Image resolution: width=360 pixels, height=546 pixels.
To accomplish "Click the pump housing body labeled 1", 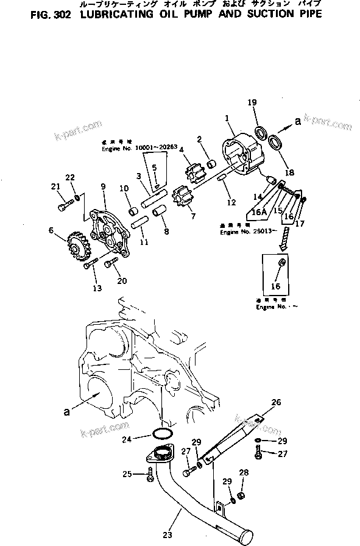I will coord(238,152).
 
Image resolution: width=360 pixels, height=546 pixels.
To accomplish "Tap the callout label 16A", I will coord(259,213).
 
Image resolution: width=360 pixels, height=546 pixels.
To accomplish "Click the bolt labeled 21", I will coord(64,207).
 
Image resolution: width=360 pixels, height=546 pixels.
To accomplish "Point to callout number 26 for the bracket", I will coord(276,403).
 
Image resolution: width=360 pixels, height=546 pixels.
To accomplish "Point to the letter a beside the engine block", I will coord(65,412).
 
